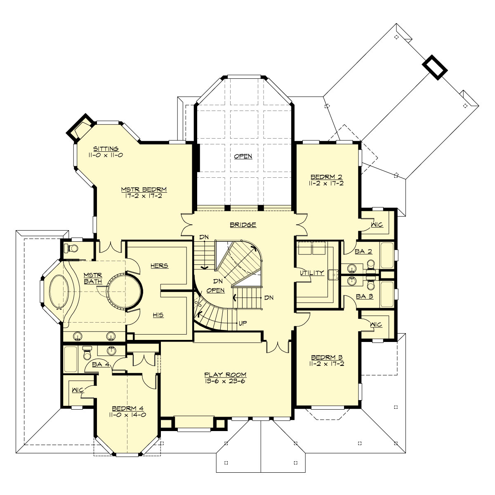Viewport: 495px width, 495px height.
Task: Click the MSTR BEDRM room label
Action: click(x=144, y=189)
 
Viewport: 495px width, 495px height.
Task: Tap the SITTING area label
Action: click(x=106, y=148)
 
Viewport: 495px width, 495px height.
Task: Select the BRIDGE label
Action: click(x=243, y=225)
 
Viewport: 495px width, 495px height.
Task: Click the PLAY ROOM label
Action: click(x=225, y=375)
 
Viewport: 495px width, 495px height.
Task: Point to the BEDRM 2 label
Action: click(x=326, y=177)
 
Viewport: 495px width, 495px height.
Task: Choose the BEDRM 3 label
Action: click(x=326, y=357)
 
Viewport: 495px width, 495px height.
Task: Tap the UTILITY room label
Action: click(x=311, y=273)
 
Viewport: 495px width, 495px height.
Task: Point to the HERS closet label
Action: click(x=159, y=266)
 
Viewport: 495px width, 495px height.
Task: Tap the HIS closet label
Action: click(x=158, y=315)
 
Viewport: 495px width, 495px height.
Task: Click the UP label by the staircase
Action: click(x=243, y=323)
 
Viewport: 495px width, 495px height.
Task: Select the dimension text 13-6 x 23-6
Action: click(x=225, y=381)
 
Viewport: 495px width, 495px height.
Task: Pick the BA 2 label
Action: click(x=363, y=252)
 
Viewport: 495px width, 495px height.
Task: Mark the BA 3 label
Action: click(x=364, y=296)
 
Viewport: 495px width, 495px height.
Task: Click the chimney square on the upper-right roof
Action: click(x=435, y=66)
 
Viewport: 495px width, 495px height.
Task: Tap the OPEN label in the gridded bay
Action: click(x=243, y=156)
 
